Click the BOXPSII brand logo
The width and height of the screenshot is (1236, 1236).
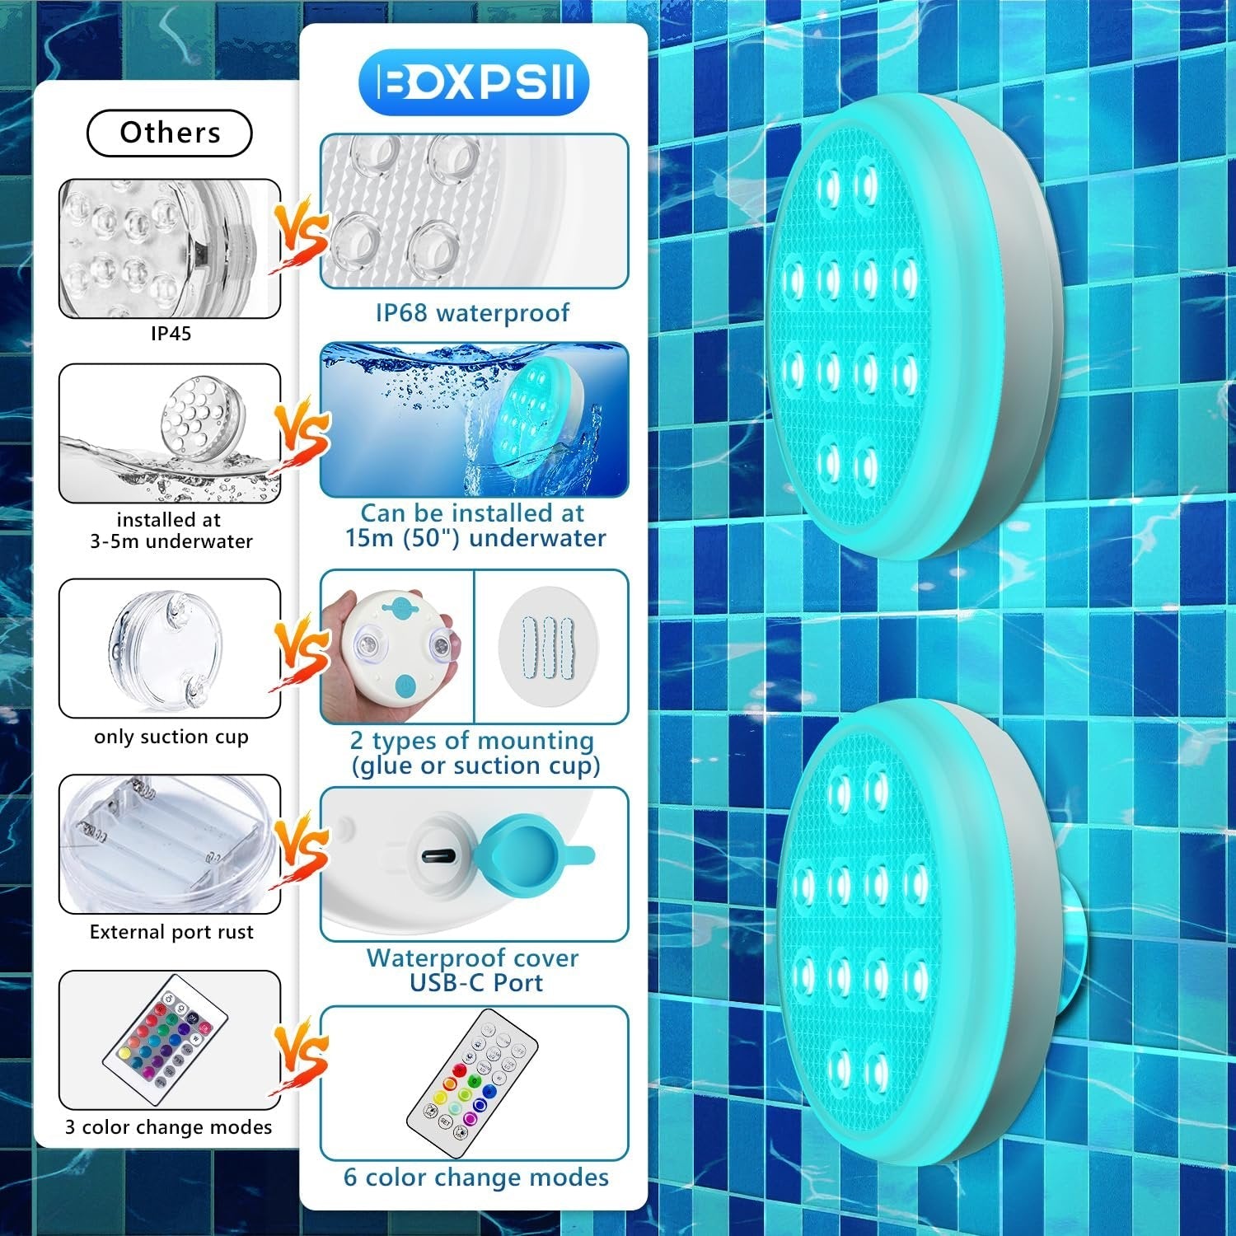point(474,82)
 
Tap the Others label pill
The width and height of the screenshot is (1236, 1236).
point(169,133)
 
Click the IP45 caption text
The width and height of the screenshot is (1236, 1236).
point(171,334)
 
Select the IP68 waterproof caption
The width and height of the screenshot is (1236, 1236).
point(472,313)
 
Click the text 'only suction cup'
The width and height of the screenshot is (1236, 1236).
point(171,737)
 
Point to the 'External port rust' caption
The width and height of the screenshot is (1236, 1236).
point(171,932)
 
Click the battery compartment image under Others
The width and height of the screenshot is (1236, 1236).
point(169,843)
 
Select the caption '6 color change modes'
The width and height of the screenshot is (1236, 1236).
point(475,1177)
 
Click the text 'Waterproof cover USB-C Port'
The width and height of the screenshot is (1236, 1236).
point(474,970)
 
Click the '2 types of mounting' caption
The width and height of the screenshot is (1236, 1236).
point(474,753)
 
